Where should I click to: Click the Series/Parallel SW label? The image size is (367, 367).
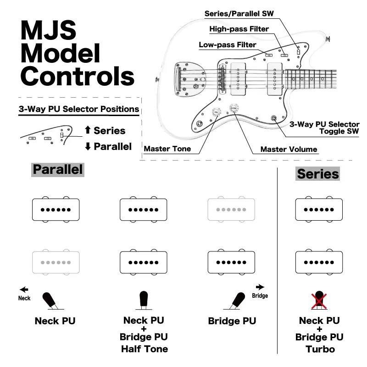(x=239, y=13)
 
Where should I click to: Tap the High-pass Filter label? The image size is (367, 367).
(x=239, y=29)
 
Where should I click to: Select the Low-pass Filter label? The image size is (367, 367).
(x=227, y=45)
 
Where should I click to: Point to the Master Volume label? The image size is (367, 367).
(x=289, y=149)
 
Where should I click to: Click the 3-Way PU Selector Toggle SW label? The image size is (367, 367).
(x=324, y=128)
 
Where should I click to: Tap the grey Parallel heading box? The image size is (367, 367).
(x=58, y=169)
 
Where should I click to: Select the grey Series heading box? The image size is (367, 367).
(x=317, y=174)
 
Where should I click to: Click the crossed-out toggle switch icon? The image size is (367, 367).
(x=319, y=300)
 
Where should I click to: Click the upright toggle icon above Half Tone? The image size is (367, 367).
(x=144, y=299)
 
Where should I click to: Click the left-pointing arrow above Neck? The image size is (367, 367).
(x=24, y=289)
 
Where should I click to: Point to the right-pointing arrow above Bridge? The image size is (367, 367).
(x=260, y=287)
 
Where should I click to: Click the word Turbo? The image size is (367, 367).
(x=320, y=349)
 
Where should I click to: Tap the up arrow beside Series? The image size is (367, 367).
(x=88, y=130)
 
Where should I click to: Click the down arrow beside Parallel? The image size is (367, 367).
(x=88, y=147)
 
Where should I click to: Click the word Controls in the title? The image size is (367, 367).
(x=77, y=76)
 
